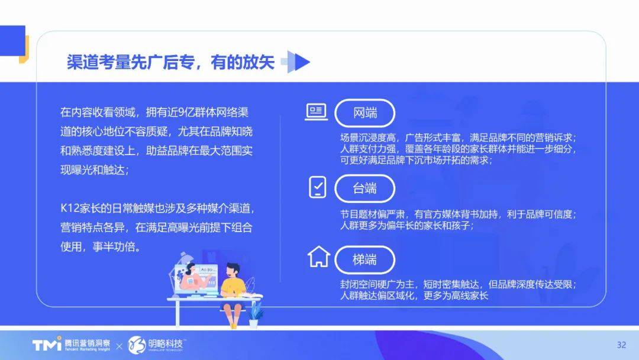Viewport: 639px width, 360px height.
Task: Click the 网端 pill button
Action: [364, 113]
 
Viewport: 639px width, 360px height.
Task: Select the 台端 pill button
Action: [364, 188]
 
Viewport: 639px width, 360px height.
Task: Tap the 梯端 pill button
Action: [364, 260]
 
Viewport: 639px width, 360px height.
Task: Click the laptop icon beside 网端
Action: [316, 112]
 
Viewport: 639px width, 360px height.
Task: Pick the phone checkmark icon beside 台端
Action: [318, 187]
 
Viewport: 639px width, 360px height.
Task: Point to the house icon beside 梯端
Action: [319, 257]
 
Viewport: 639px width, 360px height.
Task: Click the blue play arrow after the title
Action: [296, 62]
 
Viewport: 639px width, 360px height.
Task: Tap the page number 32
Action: [621, 345]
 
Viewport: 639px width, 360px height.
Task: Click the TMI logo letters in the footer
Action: [47, 345]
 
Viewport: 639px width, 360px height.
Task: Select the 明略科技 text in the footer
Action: [166, 343]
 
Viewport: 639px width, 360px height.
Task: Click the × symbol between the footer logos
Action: [119, 346]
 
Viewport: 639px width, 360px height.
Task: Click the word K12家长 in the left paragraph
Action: [80, 208]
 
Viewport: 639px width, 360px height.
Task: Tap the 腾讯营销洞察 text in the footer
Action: [87, 343]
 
